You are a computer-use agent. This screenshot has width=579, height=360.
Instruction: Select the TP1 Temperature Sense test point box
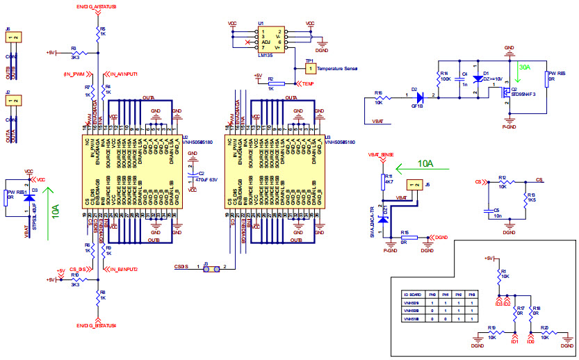tap(310, 69)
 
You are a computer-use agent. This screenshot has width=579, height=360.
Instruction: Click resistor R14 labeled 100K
tap(441, 79)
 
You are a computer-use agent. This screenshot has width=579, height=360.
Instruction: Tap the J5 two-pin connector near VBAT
tap(414, 185)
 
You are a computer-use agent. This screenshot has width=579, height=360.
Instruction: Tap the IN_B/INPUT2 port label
tap(122, 268)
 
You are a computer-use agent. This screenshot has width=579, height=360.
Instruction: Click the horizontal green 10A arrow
tap(425, 167)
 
